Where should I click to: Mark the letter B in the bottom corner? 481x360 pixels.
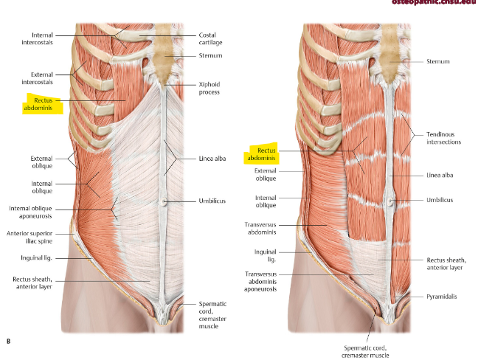click(8, 341)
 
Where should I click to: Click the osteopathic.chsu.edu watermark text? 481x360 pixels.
click(435, 3)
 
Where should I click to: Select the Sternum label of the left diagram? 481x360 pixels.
click(210, 55)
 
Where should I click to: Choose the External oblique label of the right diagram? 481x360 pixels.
click(266, 174)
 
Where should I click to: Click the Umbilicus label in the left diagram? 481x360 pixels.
click(212, 201)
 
